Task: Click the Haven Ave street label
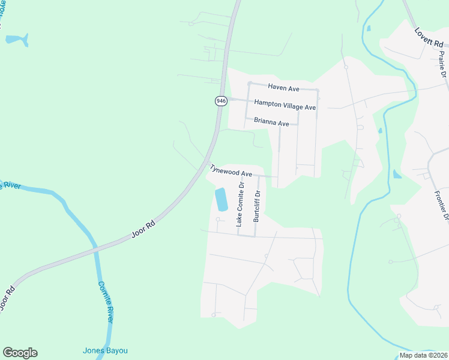tap(283, 89)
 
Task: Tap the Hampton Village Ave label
tap(285, 104)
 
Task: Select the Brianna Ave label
tap(271, 121)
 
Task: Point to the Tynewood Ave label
tap(230, 171)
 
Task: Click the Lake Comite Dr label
tap(240, 204)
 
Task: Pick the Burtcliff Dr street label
tap(256, 206)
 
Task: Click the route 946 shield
tap(221, 101)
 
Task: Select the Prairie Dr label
tap(442, 65)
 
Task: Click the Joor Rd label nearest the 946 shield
tap(143, 230)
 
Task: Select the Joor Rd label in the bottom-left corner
tap(7, 298)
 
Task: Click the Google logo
tap(20, 353)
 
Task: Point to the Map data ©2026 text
tap(423, 355)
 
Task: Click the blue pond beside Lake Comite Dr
tap(221, 199)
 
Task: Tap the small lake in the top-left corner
tap(17, 40)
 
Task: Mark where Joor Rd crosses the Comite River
tap(94, 247)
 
